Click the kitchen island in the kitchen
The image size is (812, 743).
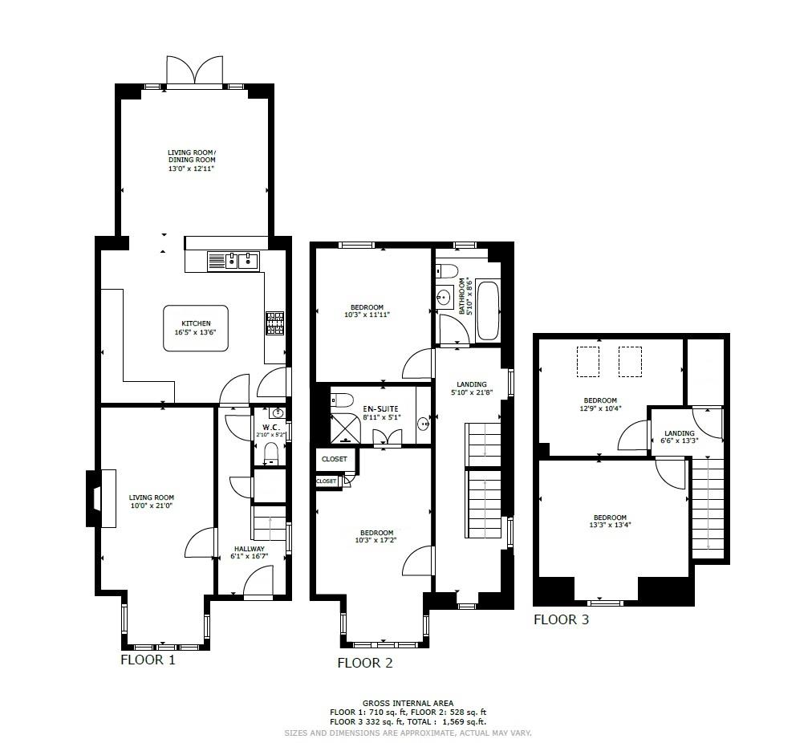pos(196,327)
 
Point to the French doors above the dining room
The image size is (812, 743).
pos(193,71)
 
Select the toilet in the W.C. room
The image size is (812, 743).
pos(271,453)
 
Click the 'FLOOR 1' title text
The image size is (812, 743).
pos(148,660)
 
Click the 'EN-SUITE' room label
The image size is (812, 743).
pos(380,409)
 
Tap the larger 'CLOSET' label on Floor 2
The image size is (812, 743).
pos(335,459)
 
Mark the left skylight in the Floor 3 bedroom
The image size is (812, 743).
pos(590,361)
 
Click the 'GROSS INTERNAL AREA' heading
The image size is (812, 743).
pos(408,704)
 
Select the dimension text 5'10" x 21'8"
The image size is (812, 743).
pos(472,393)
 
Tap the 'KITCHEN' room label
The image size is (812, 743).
pos(196,323)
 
